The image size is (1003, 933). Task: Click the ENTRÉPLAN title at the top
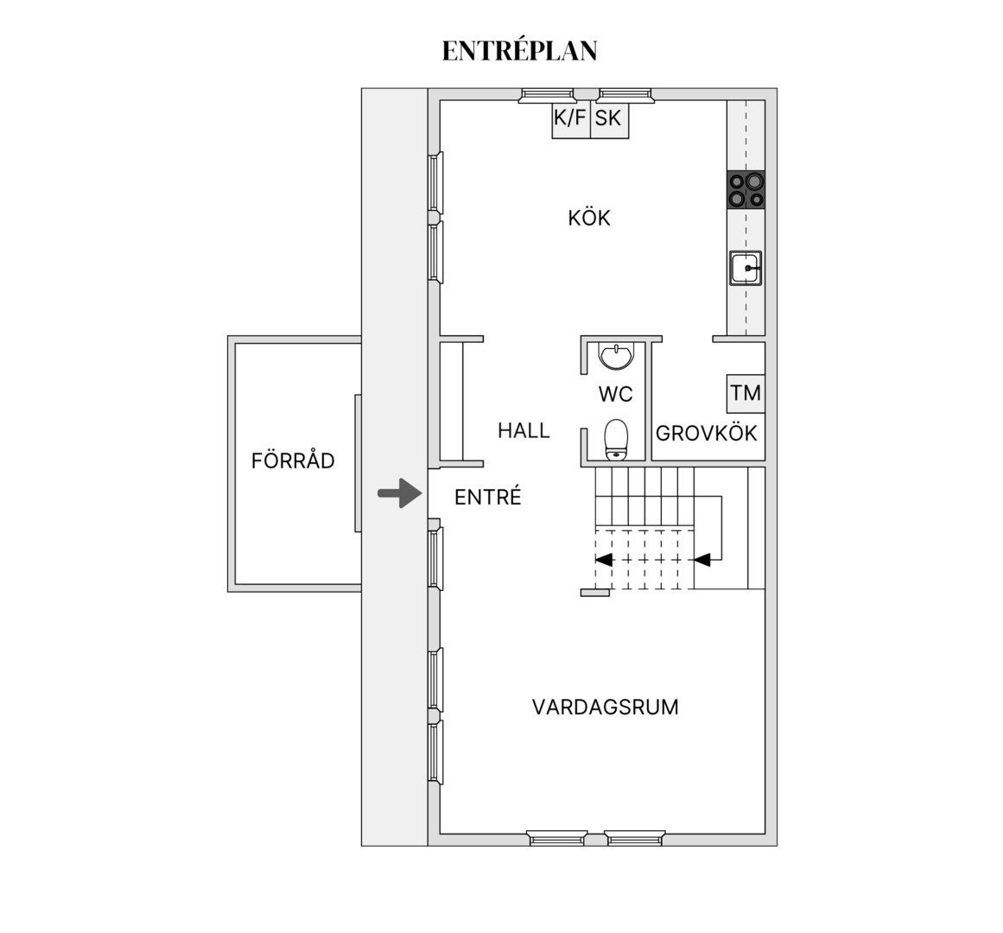(x=519, y=51)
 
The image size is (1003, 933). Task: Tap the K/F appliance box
(x=570, y=119)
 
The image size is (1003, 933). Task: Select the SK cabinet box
(x=609, y=119)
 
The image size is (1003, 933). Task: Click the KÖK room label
(x=589, y=218)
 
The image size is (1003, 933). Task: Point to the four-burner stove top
(x=746, y=190)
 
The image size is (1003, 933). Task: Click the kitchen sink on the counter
(x=746, y=268)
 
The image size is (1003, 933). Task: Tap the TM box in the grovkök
(x=746, y=393)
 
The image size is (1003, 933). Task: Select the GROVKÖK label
(x=706, y=434)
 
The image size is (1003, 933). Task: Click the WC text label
(x=615, y=394)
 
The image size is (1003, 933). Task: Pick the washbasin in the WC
(x=616, y=356)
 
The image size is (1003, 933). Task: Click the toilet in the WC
(x=617, y=440)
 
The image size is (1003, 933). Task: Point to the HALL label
(x=524, y=430)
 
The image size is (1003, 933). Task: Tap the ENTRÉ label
(x=488, y=497)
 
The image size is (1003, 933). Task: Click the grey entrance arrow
(x=400, y=493)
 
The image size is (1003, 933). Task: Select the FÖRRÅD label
(x=293, y=460)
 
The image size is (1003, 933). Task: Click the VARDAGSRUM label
(x=605, y=707)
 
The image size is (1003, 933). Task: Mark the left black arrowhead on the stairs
(x=604, y=560)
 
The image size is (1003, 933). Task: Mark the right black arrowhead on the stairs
(x=702, y=560)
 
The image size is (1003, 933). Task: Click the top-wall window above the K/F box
(x=548, y=95)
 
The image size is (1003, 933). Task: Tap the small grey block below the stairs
(x=595, y=593)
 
